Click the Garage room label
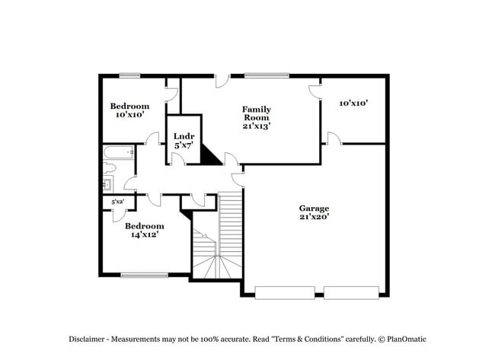click(x=313, y=212)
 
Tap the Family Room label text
click(x=257, y=117)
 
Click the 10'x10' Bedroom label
click(x=129, y=110)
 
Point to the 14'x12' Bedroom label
click(x=144, y=231)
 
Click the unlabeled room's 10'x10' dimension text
click(x=353, y=103)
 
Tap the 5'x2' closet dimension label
click(x=118, y=202)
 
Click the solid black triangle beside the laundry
click(x=209, y=156)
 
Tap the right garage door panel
click(x=351, y=292)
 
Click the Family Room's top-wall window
click(x=266, y=75)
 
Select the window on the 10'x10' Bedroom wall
click(x=129, y=75)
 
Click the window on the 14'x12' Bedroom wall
click(x=144, y=275)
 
